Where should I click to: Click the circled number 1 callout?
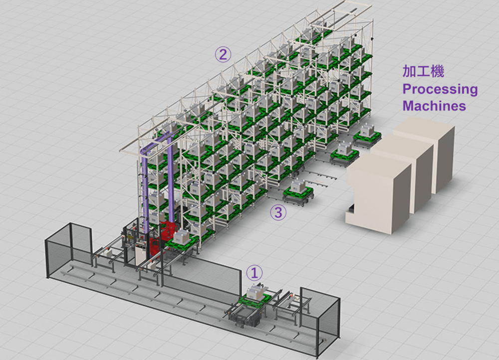(254, 273)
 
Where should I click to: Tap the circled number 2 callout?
(223, 54)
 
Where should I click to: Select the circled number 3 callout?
(278, 212)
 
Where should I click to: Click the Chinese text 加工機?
(423, 71)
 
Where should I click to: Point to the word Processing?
(440, 89)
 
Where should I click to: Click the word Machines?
(435, 106)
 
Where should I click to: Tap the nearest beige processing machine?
(379, 193)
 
